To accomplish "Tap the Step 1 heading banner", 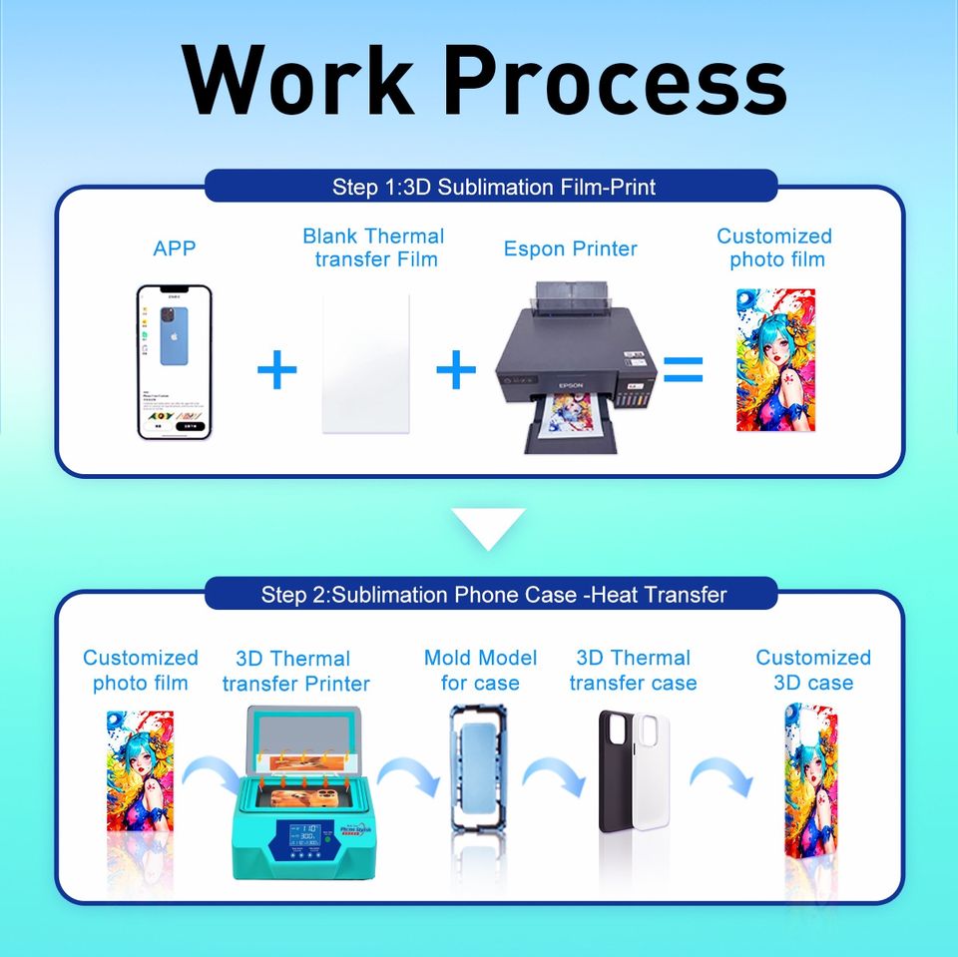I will click(492, 186).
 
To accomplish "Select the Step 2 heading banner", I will click(492, 595).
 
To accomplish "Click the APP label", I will click(175, 248).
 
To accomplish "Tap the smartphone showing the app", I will click(174, 362).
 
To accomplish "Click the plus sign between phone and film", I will click(276, 370).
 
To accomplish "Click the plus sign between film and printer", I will click(456, 370).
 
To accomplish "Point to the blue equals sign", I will click(684, 370).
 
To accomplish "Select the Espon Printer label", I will click(570, 248).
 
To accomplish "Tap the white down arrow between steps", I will click(488, 527).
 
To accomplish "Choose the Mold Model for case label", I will click(480, 671).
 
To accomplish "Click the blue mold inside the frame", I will click(481, 756).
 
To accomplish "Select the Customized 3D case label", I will click(812, 671).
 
